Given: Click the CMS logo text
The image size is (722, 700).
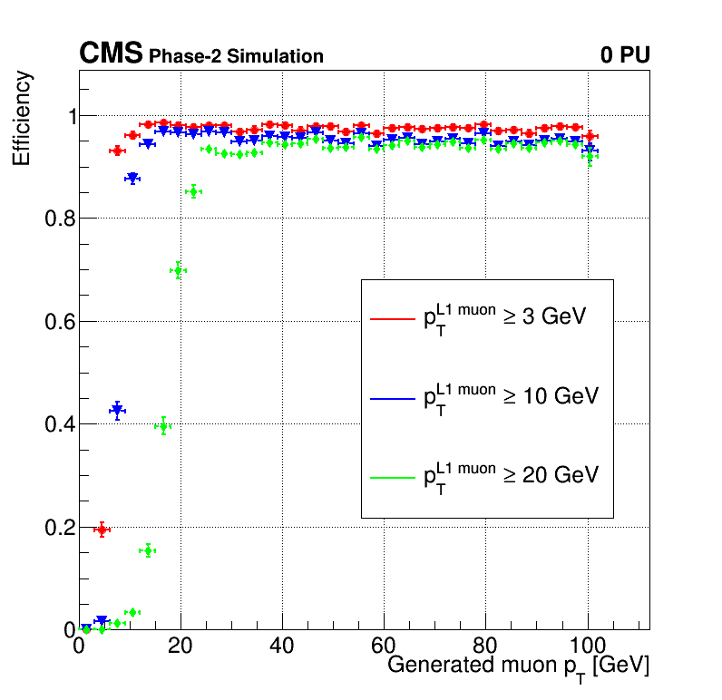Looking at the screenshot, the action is (x=111, y=53).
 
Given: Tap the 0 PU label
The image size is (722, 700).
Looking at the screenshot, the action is (x=625, y=54).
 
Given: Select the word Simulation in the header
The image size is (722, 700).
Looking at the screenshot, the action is (x=275, y=56).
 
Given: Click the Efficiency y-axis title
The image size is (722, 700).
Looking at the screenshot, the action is (x=21, y=118).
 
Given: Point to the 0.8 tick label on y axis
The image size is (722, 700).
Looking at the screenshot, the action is (x=61, y=219).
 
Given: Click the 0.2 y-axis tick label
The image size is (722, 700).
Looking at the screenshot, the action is (x=61, y=528).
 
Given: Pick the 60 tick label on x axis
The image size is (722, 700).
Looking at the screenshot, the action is (x=383, y=647).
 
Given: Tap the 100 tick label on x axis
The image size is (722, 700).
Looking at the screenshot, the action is (x=588, y=647).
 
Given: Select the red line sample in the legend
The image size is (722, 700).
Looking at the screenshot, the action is (x=393, y=318).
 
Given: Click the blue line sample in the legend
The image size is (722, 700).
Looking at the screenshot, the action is (x=393, y=398).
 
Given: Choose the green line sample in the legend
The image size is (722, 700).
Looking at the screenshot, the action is (x=393, y=478).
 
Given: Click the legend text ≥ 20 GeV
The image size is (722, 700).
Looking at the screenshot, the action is (x=551, y=475).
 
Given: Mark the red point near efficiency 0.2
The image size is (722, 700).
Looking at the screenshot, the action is (x=102, y=530).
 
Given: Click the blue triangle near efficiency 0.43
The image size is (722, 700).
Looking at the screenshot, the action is (x=117, y=410).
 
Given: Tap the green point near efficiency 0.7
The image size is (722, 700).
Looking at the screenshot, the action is (x=178, y=270).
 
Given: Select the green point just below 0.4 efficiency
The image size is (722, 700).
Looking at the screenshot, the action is (x=163, y=427).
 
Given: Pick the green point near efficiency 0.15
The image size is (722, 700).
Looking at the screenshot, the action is (x=148, y=550).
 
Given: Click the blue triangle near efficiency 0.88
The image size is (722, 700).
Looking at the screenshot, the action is (x=132, y=178).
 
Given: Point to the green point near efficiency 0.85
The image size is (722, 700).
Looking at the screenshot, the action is (x=194, y=191).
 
